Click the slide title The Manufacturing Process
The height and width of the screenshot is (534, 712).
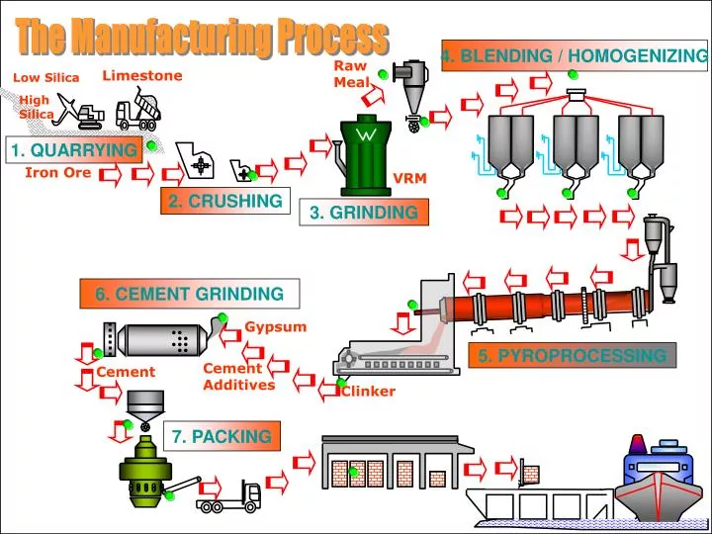pos(202,38)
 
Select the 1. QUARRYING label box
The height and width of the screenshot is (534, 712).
pos(73,149)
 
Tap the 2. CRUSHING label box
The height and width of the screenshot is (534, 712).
pos(225,201)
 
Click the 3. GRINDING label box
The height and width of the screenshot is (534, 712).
pos(363,212)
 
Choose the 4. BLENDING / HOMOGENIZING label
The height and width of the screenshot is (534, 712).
pos(575,56)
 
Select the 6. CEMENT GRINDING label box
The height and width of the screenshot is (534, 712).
pos(189,294)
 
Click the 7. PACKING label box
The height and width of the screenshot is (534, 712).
pos(221,436)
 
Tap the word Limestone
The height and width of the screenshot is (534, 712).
pos(142,75)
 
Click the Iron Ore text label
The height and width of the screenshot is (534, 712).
pos(57,173)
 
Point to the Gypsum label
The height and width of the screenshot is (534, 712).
pos(276,326)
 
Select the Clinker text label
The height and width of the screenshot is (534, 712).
pos(368,391)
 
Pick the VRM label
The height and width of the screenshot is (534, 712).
pos(408,178)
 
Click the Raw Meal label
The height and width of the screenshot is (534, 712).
pos(350,73)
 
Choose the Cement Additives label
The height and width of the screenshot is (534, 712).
pos(238,377)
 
